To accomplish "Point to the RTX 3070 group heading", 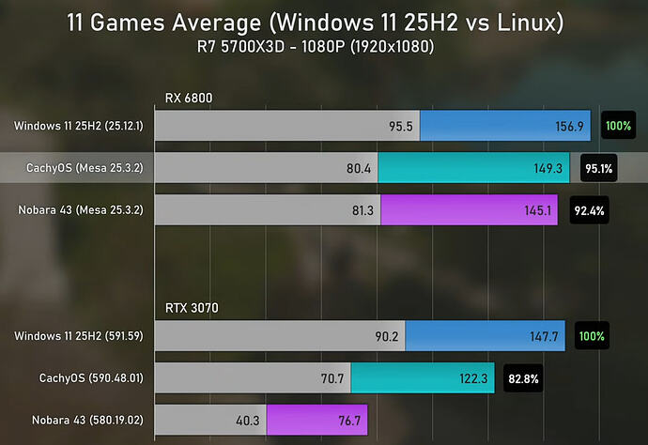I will point(189,308).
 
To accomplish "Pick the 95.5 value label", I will point(400,126).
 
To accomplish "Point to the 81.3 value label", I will point(361,210).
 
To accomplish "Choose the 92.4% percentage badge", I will point(589,210).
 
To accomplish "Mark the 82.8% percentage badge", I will point(523,378).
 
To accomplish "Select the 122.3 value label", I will point(471,378).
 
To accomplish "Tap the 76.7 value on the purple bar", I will point(347,421).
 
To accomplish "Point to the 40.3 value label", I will point(247,421).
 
